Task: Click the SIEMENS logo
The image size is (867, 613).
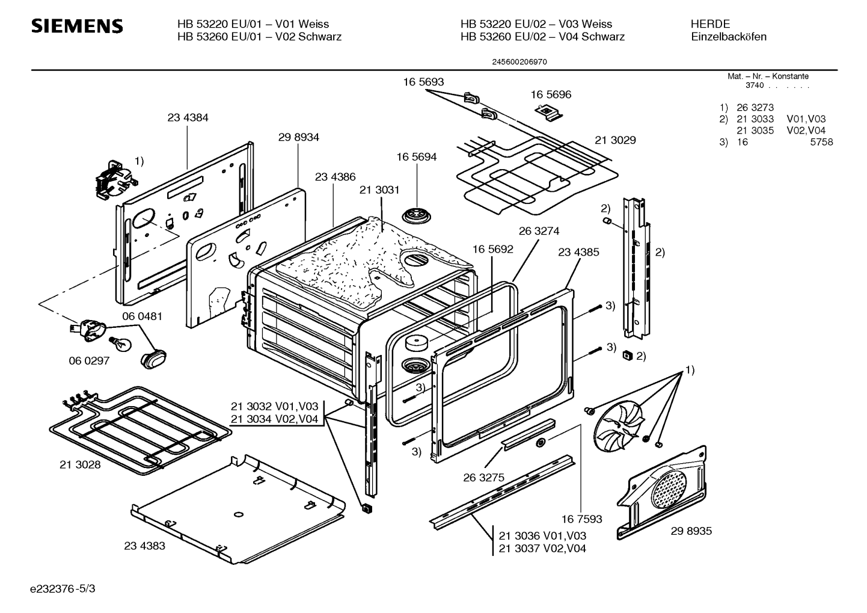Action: (76, 26)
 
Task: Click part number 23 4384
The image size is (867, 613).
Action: (188, 118)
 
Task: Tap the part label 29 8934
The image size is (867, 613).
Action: (298, 137)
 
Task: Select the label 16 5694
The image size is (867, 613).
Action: (416, 157)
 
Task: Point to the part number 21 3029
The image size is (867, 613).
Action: (615, 140)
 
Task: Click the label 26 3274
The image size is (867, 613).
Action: (539, 231)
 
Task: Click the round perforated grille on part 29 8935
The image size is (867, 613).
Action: (668, 487)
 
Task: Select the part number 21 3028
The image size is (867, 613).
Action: (81, 465)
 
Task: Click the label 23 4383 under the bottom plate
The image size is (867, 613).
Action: (144, 546)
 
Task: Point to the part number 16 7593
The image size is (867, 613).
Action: (581, 519)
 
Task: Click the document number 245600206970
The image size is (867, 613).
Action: (519, 61)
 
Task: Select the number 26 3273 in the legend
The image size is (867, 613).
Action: (755, 108)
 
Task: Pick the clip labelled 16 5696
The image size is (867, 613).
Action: (548, 111)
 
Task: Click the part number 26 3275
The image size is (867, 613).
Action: (483, 478)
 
